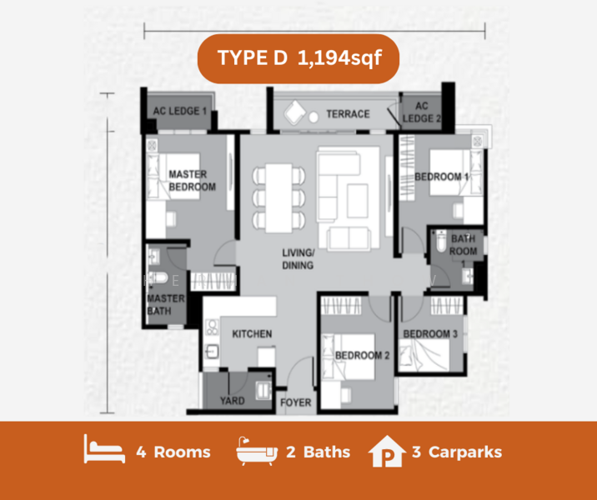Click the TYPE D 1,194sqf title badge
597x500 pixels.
tap(298, 58)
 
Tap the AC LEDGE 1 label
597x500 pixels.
tap(180, 111)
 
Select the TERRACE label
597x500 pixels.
tap(348, 114)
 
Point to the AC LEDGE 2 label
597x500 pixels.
tap(421, 112)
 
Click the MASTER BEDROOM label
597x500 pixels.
tap(193, 180)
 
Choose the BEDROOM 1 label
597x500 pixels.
tap(442, 177)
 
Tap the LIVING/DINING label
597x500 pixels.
tap(298, 259)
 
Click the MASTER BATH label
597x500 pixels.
tap(166, 304)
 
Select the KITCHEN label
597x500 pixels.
tap(252, 334)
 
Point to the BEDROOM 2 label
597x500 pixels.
tap(362, 355)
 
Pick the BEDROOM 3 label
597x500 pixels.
tap(430, 334)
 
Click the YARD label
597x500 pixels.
tap(233, 401)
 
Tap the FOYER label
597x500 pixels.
tap(296, 402)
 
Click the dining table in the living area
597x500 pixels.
tap(278, 197)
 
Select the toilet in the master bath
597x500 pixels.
tap(158, 277)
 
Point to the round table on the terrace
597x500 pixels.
tap(314, 117)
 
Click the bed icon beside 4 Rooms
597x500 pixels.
tap(104, 449)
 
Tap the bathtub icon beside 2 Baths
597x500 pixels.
tap(257, 452)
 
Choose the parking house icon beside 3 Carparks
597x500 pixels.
tap(387, 451)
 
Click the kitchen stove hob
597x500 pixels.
tap(212, 327)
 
